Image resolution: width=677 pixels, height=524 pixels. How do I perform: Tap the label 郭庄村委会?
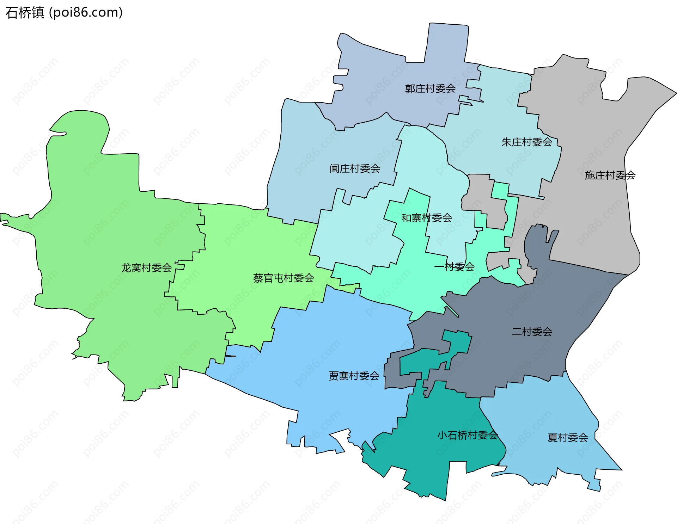point(430,89)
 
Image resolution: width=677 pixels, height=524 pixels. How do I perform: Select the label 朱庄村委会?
point(527,142)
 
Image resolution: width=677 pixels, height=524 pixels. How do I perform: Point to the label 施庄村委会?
point(610,175)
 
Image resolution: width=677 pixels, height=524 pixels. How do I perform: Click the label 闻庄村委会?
point(355,169)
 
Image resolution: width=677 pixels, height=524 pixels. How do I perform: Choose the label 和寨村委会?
point(427,218)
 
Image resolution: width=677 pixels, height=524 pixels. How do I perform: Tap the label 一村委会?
point(455,267)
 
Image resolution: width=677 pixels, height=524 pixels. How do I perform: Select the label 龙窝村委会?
point(146,268)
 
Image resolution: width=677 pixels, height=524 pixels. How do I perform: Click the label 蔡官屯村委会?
point(283,278)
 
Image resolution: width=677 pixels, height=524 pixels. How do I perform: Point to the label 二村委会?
point(532,332)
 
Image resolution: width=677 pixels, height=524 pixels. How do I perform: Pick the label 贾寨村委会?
point(354,376)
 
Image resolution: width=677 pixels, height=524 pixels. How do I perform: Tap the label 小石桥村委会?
point(468,435)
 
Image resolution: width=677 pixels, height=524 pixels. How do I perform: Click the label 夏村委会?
point(568,438)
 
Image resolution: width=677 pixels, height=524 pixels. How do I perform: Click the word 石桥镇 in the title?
point(25,13)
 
